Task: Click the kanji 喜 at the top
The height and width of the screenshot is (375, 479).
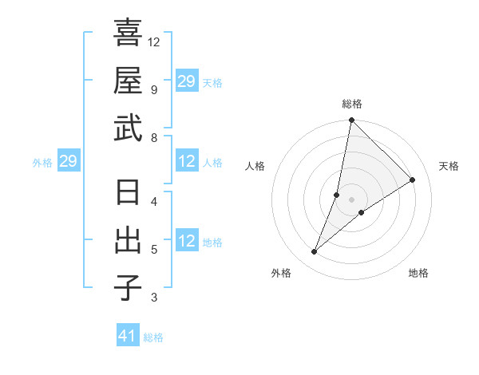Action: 128,35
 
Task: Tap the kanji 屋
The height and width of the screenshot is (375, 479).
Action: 128,81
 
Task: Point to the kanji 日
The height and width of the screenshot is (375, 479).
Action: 128,194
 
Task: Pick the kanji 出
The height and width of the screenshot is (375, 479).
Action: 128,240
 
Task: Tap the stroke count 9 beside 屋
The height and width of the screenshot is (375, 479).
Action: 153,89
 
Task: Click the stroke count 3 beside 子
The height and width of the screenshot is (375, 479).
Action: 153,298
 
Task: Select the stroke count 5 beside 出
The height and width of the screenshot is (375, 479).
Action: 153,250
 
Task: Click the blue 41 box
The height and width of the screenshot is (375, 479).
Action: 128,336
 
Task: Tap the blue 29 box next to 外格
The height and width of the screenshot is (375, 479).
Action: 68,162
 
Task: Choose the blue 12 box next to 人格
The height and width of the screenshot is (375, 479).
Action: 187,162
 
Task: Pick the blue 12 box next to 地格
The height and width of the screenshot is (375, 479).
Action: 187,242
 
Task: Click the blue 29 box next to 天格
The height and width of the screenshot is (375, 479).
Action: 187,81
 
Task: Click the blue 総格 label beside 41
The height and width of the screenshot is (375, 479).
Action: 153,337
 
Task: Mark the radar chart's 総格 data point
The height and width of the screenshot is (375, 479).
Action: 351,120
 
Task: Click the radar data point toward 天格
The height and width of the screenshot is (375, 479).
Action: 413,180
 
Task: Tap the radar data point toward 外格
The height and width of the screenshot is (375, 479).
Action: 315,252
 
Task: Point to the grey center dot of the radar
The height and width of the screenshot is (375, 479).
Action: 352,187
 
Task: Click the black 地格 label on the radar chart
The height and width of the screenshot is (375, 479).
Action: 418,274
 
